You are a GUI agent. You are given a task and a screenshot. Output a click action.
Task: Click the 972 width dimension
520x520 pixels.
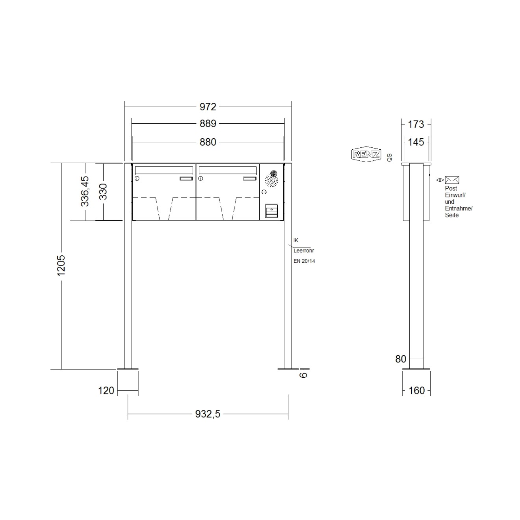point(208,107)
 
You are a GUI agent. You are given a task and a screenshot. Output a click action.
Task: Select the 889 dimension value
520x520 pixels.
point(208,124)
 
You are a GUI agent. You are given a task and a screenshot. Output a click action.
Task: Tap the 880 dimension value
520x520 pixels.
point(208,142)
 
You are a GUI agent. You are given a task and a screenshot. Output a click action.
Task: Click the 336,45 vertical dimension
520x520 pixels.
point(85,191)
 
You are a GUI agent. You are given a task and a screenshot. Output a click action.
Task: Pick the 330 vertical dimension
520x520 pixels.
point(103,191)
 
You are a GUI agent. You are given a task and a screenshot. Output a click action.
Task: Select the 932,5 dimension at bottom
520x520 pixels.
point(208,414)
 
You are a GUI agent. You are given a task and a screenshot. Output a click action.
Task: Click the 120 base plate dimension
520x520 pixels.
point(106,390)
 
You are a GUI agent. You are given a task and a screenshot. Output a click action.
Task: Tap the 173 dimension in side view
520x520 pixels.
point(416,124)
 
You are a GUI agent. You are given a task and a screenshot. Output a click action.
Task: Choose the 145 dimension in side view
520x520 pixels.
point(416,142)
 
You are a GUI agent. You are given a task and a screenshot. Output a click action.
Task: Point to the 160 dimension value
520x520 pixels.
point(416,390)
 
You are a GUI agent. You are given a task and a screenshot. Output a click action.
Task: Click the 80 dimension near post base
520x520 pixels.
point(400,359)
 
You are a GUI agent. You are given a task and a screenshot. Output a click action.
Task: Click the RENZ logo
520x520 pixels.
point(366,154)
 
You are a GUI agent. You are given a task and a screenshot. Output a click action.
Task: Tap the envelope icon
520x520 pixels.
point(452,180)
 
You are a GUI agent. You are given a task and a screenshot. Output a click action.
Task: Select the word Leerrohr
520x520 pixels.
point(304,251)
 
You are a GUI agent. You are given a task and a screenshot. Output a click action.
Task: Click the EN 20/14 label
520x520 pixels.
point(304,261)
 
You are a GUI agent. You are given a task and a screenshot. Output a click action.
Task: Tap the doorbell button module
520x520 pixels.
point(271,210)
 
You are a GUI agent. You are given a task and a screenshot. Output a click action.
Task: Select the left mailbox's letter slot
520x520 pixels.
point(164,170)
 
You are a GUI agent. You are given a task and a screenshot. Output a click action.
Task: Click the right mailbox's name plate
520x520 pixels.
point(249,179)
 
